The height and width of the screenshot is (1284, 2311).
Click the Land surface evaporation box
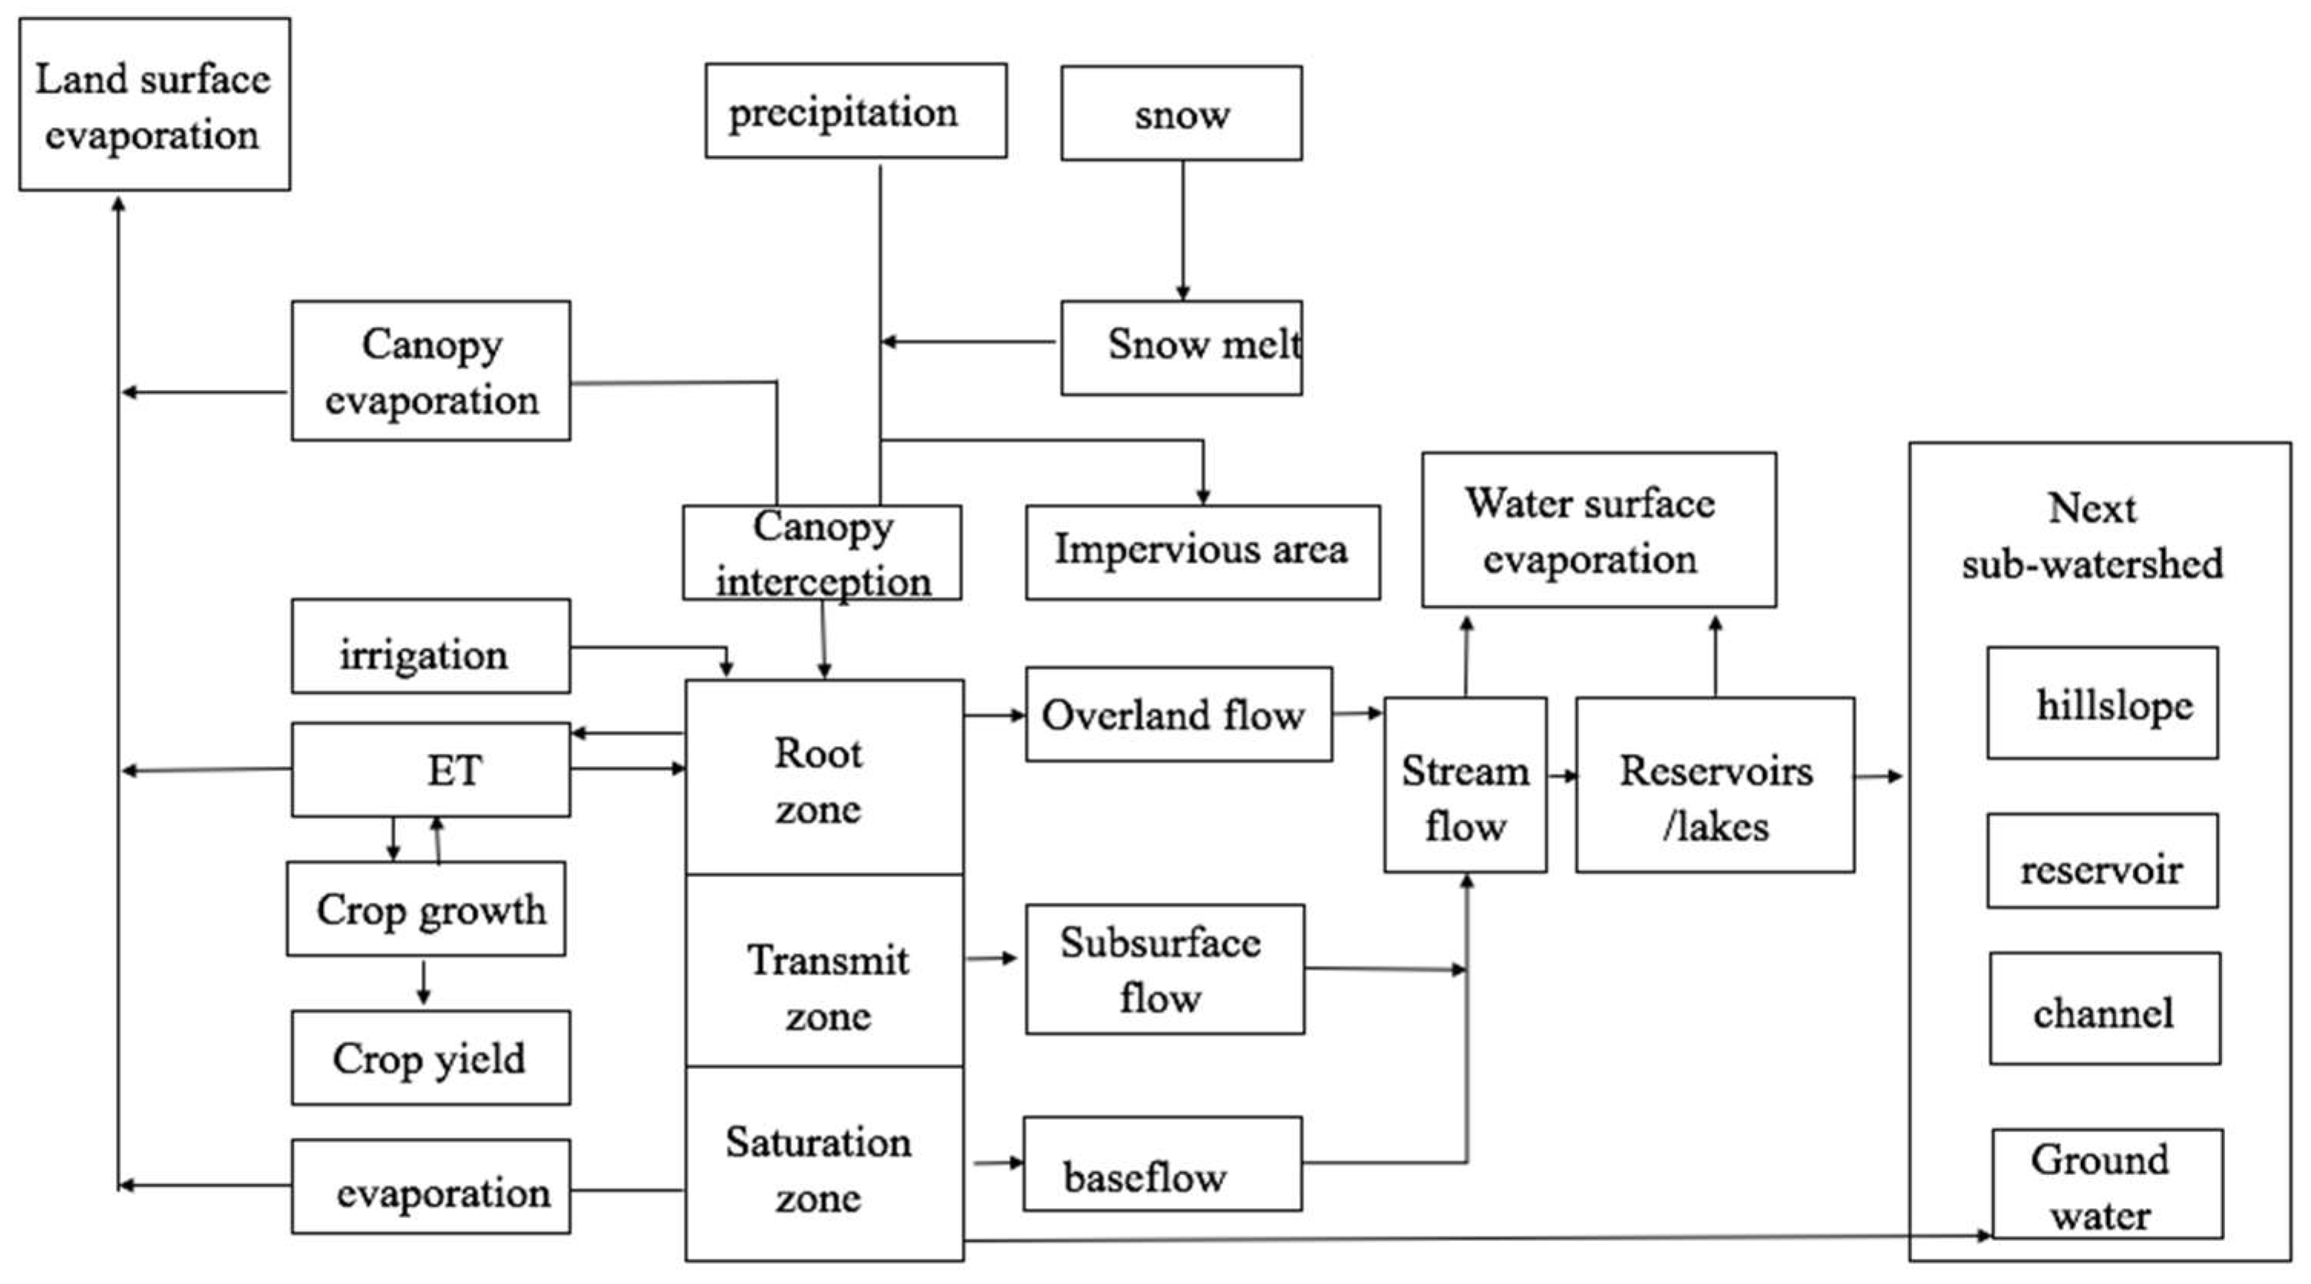(154, 104)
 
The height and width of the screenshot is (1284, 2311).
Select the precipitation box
(855, 111)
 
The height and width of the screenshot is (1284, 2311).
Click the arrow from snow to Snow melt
(1182, 230)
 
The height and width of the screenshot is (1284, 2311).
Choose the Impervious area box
(1202, 552)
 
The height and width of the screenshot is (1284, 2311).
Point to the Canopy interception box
(821, 552)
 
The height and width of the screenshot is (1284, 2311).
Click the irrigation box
(430, 646)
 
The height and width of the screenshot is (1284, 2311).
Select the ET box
(430, 770)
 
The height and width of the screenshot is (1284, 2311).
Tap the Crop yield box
(430, 1057)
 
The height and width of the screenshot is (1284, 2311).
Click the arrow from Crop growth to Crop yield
(424, 982)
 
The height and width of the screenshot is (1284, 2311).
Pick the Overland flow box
(1178, 715)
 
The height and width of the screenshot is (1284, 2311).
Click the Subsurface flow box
(1165, 969)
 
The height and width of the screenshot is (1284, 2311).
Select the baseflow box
(1162, 1164)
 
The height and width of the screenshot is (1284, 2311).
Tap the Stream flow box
(1464, 784)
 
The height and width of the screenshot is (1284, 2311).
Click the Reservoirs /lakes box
(1714, 784)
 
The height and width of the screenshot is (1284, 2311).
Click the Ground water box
(2106, 1183)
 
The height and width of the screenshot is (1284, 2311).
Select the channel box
(2105, 1008)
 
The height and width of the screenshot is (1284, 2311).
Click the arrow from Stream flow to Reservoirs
(1562, 775)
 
